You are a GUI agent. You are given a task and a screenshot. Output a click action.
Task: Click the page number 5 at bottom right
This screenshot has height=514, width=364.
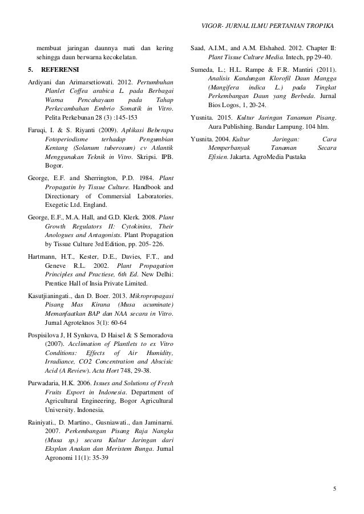pyautogui.click(x=335, y=489)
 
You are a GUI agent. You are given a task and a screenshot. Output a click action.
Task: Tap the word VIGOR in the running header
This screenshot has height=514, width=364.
pyautogui.click(x=213, y=27)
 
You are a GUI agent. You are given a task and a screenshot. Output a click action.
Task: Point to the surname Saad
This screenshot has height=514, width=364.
pyautogui.click(x=198, y=47)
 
